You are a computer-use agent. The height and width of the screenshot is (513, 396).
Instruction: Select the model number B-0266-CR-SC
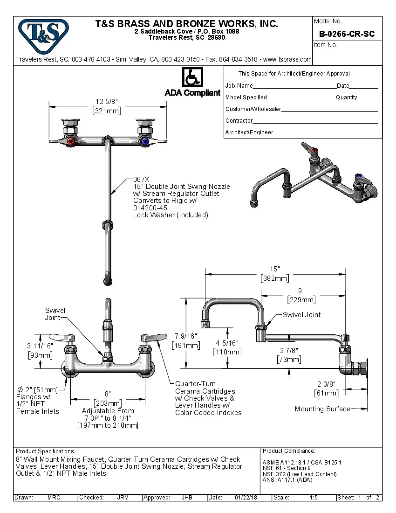point(347,34)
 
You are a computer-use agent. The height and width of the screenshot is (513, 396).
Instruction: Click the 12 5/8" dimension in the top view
point(107,102)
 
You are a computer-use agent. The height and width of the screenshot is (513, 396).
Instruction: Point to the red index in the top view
point(70,141)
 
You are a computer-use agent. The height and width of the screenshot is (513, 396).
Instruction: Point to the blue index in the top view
point(146,141)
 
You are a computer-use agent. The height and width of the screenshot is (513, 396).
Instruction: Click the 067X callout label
point(141,179)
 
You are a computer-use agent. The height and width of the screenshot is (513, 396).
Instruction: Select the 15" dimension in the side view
point(275,269)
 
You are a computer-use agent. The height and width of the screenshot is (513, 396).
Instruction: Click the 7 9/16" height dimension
point(186,336)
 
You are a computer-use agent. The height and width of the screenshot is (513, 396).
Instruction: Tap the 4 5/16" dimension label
point(227,343)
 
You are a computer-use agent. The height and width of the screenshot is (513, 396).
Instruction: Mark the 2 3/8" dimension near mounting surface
point(326,384)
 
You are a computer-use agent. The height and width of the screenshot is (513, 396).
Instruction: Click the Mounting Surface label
point(322,409)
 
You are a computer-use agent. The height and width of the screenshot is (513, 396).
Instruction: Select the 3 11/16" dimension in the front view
point(40,346)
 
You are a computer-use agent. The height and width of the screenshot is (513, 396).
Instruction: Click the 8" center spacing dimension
point(108,394)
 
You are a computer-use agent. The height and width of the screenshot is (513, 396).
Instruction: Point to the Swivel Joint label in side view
point(301,315)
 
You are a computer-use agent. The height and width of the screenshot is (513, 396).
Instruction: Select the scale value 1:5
point(314,498)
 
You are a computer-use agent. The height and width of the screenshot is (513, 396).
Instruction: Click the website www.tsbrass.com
point(287,59)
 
